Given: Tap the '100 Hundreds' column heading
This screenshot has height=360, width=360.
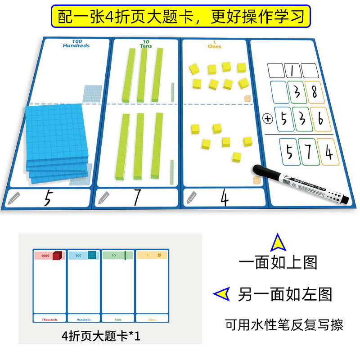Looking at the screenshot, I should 76,44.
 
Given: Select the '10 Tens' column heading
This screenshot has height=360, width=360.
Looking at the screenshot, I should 146,44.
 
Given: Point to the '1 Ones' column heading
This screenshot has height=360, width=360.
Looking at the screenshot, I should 215,45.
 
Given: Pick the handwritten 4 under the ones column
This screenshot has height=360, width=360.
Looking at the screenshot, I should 224,198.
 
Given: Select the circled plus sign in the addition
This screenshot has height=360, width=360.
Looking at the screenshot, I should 268,119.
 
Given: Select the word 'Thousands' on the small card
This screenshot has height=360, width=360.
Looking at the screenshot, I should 49,320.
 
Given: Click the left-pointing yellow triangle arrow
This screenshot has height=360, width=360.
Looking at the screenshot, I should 221,294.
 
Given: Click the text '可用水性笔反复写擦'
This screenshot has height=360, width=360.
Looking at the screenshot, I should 284,324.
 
